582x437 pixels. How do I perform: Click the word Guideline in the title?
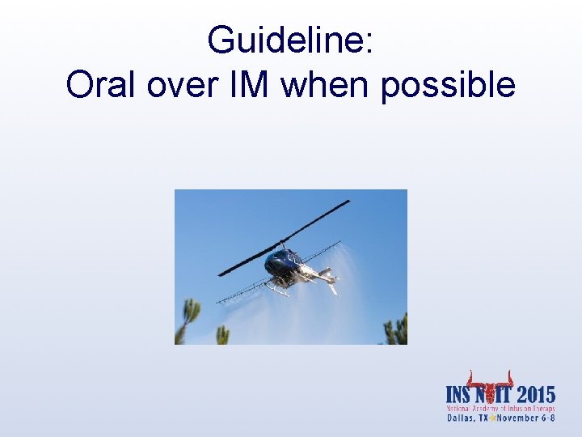[289, 40]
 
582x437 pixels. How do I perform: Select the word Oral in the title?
[102, 84]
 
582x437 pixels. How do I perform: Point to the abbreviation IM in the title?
[251, 84]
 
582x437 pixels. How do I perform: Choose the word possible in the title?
[448, 84]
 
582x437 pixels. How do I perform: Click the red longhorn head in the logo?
[491, 384]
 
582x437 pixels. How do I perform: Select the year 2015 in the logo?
[535, 396]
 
